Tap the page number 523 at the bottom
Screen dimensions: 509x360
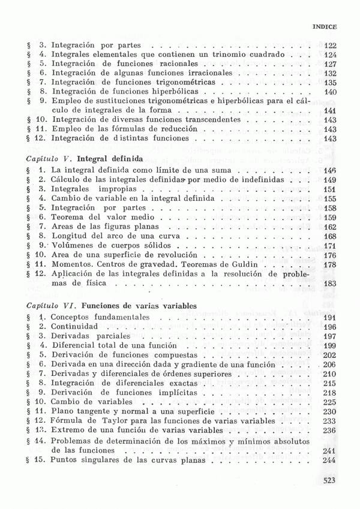pos(329,480)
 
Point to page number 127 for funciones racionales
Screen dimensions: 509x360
pos(329,64)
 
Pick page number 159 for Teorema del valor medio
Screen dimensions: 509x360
pos(329,217)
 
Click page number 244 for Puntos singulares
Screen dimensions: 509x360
pos(329,460)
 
